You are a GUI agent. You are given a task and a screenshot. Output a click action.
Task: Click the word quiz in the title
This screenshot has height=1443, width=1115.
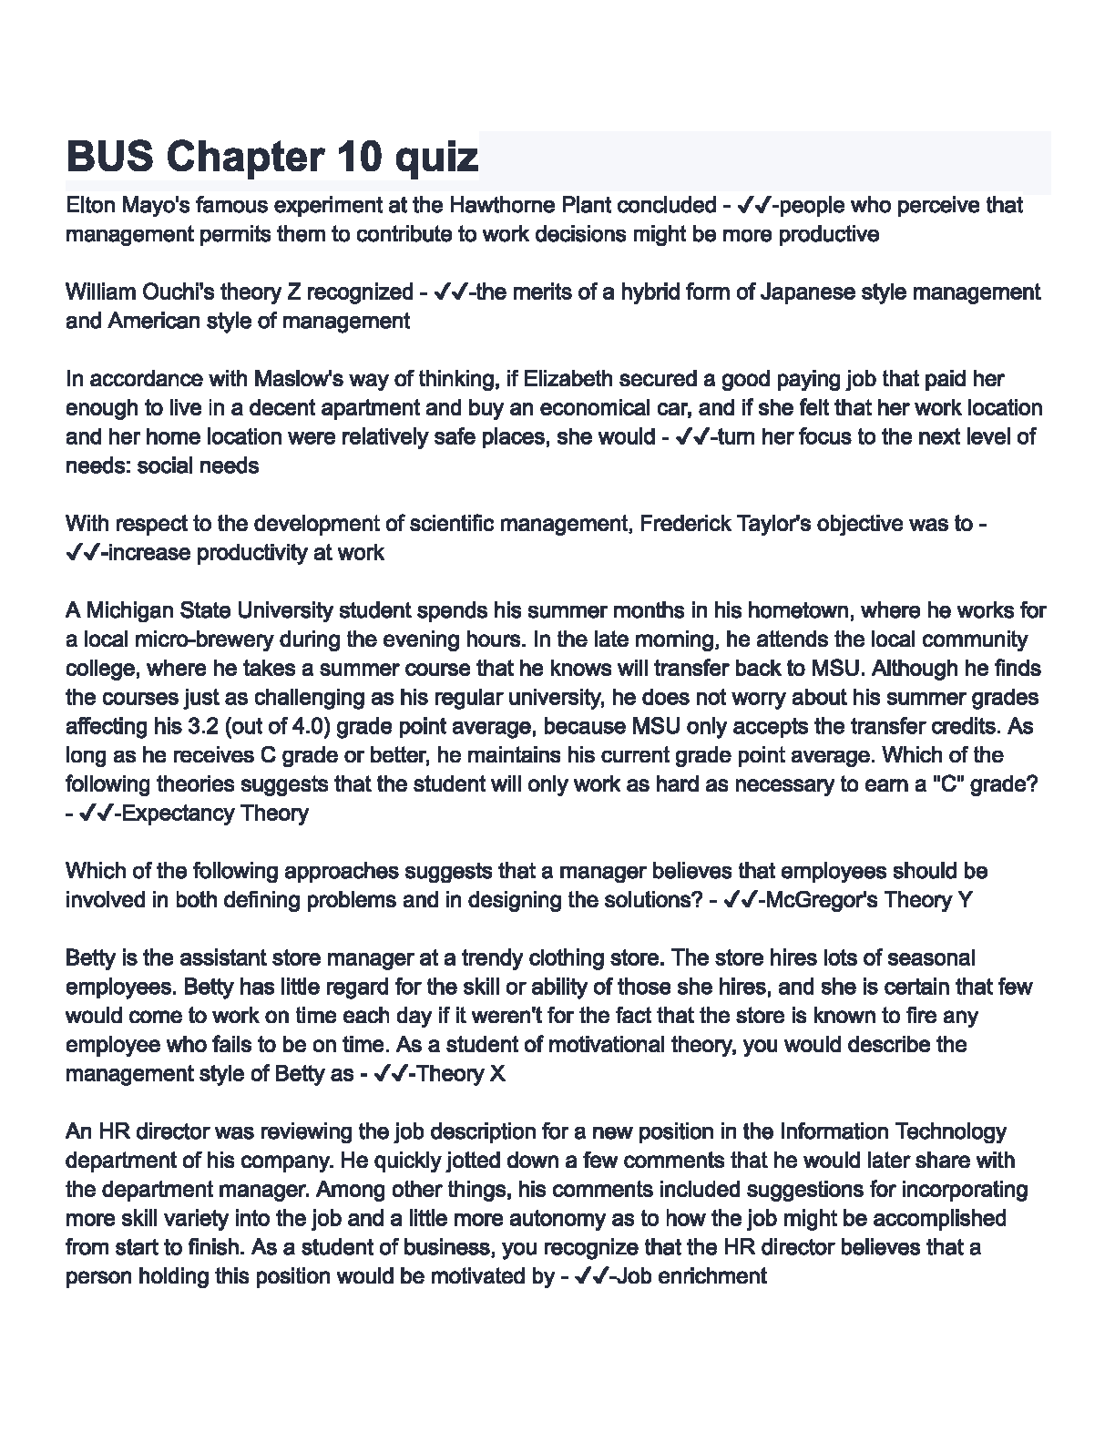pyautogui.click(x=435, y=158)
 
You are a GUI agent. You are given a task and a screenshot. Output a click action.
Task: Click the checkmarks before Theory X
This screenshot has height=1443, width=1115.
pyautogui.click(x=390, y=1074)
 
